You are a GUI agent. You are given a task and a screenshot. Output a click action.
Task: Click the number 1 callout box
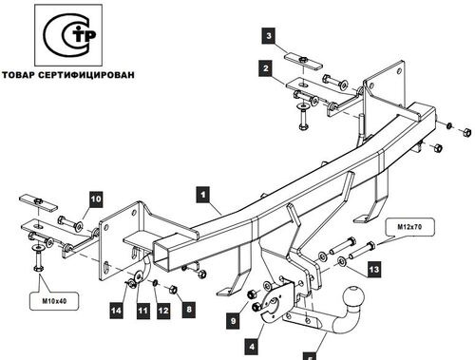tap(203, 195)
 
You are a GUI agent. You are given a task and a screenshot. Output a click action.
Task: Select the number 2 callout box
tap(266, 68)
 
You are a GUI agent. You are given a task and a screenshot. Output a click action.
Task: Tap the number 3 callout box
tap(269, 36)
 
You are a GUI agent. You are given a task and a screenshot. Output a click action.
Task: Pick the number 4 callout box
tap(252, 347)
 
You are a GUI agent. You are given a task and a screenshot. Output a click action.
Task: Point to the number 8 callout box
tap(189, 309)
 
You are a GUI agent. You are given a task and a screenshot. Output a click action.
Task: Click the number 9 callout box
tap(234, 321)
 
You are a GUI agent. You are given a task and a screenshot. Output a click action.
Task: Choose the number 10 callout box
tap(96, 199)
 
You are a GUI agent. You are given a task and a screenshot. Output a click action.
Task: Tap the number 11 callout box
tap(142, 311)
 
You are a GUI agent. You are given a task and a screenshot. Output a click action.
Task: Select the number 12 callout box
tap(163, 311)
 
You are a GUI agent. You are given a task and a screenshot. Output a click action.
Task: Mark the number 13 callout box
tap(374, 270)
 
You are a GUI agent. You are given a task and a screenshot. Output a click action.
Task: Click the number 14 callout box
tap(116, 311)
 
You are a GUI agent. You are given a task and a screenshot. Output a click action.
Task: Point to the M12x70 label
tap(410, 227)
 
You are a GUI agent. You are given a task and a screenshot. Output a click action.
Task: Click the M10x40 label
tap(54, 301)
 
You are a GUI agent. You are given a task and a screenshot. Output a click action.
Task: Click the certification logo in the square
tap(68, 35)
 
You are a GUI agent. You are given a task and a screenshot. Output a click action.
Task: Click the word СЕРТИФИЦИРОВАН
tap(86, 75)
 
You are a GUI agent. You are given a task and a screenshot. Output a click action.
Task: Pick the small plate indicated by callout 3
tap(303, 62)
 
